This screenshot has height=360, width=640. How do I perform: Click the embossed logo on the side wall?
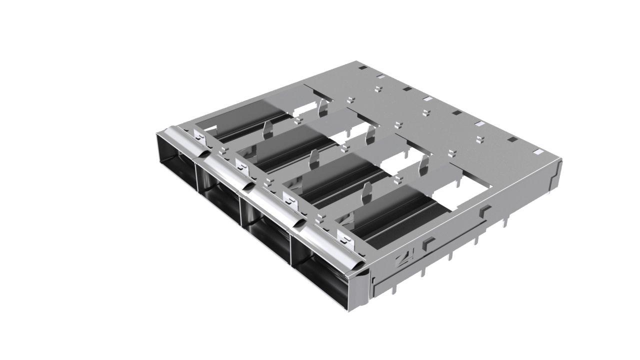click(402, 259)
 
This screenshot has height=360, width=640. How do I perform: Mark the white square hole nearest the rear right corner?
click(538, 150)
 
